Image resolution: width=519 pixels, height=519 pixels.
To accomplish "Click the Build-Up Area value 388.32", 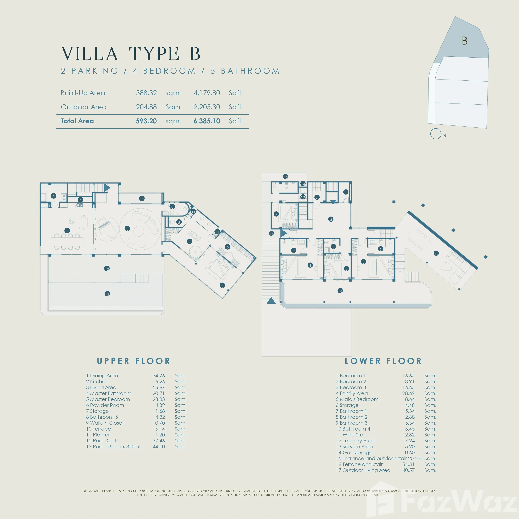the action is (x=146, y=93).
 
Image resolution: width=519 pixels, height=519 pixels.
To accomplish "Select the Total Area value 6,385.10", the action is (x=207, y=121).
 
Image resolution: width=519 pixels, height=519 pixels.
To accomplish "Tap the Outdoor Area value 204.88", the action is (x=146, y=107).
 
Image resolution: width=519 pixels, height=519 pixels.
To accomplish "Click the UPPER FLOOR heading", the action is (x=134, y=361).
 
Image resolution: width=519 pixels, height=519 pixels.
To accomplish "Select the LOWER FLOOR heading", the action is (x=383, y=361).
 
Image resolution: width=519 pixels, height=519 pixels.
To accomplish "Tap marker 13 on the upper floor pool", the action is (x=107, y=294).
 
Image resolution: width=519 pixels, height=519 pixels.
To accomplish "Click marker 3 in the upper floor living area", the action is (x=127, y=229).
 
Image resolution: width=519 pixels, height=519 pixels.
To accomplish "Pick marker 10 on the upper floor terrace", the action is (x=142, y=199).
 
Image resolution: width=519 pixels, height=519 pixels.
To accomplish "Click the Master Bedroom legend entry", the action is (x=108, y=399).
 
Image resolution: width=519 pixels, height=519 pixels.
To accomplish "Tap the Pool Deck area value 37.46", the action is (x=159, y=441).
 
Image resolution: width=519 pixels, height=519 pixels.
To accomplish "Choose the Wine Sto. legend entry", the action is (x=350, y=435).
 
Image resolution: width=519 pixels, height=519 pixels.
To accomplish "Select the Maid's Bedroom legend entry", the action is (x=357, y=399).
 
